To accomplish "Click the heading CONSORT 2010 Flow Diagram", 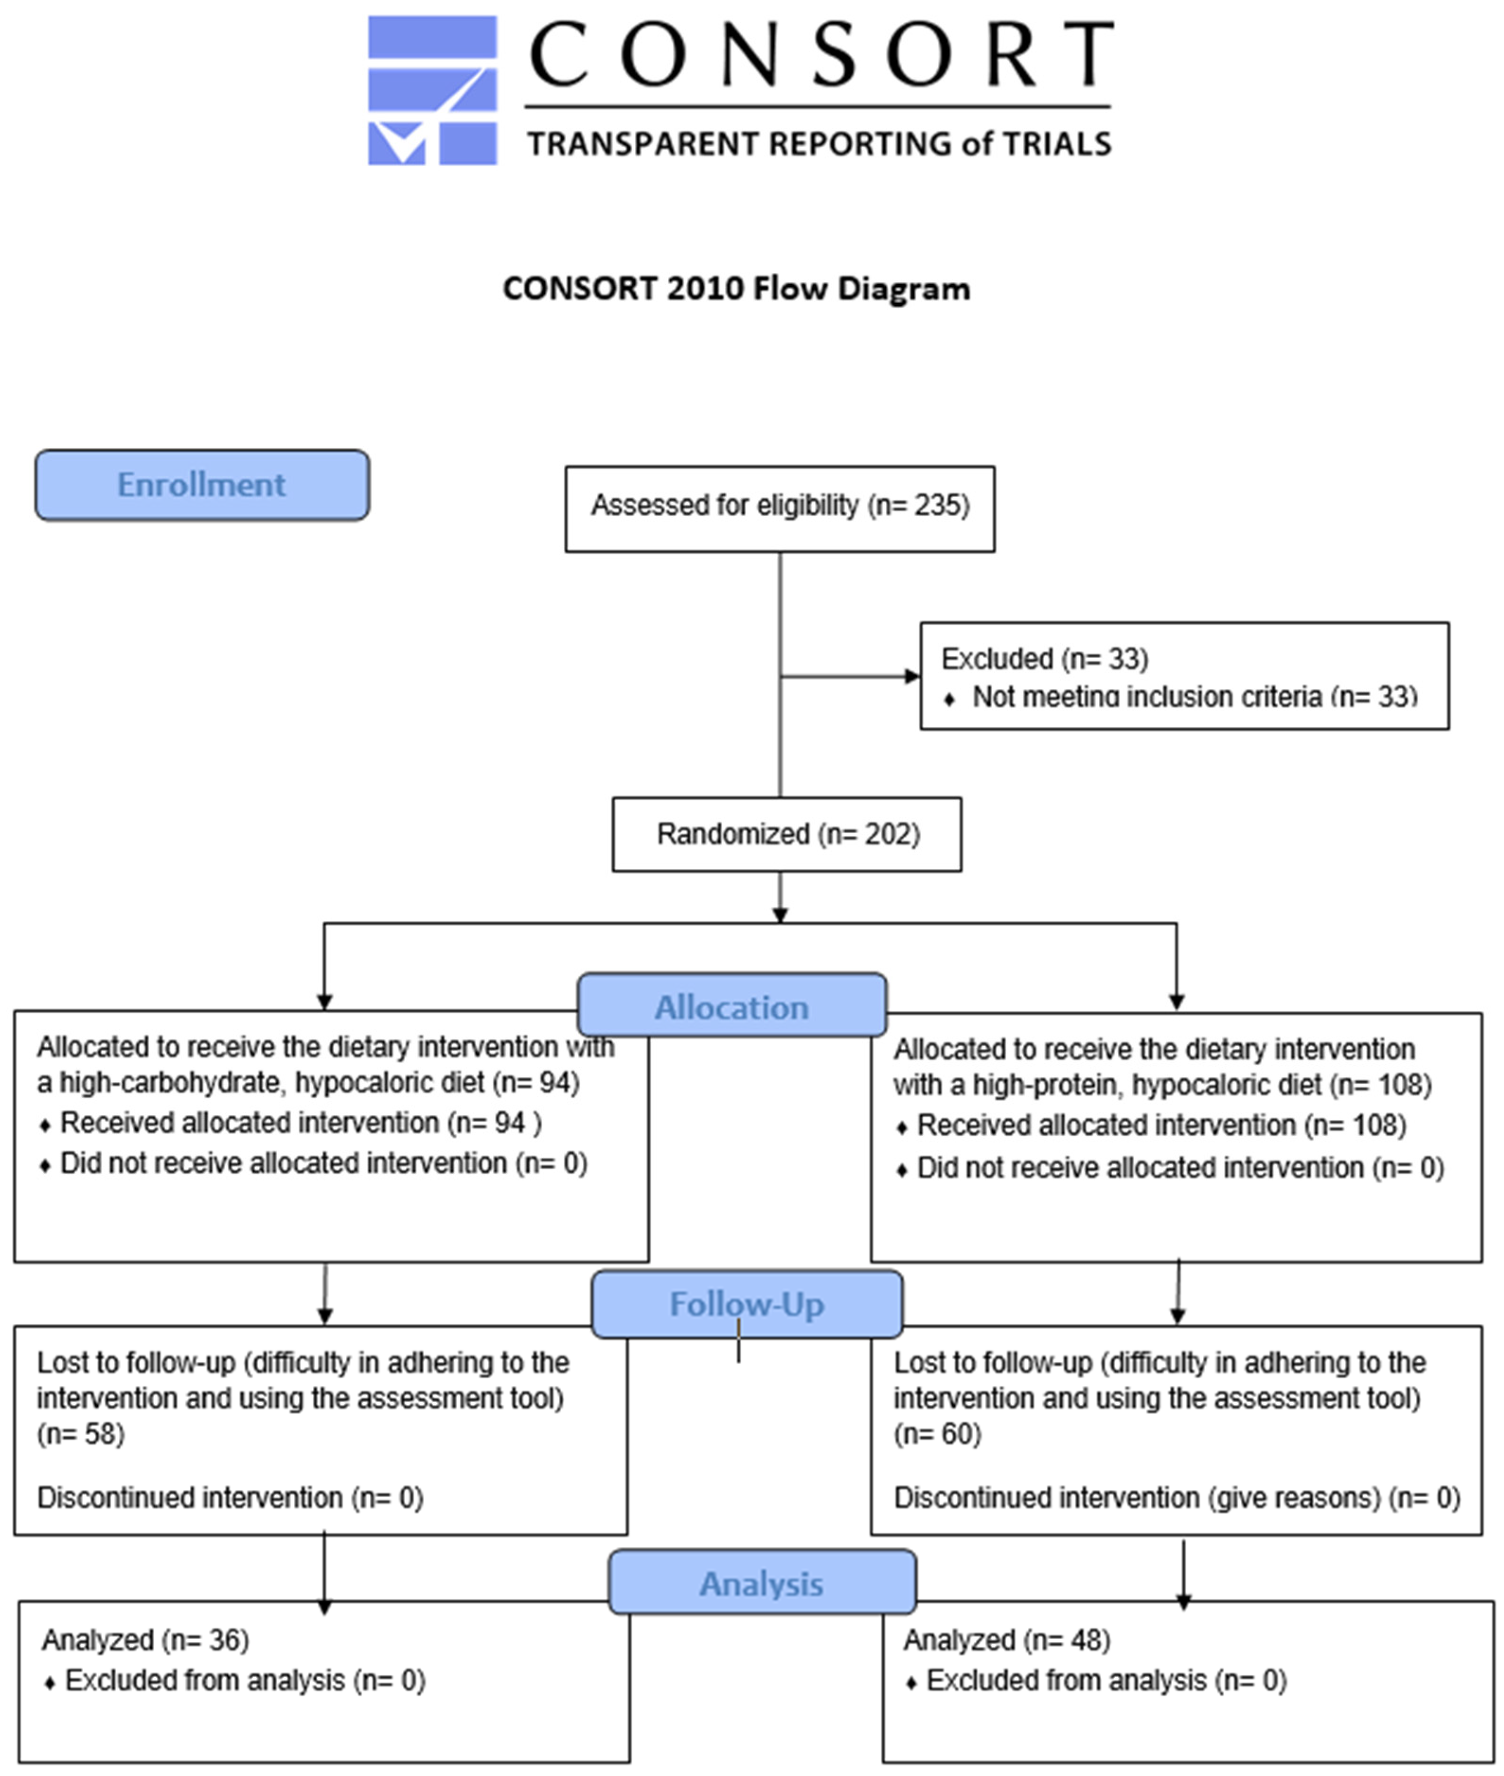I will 736,288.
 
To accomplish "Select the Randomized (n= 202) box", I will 787,834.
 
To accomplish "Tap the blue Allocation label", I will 731,1007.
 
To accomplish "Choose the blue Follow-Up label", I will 747,1303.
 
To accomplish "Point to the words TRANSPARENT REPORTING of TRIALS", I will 819,143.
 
